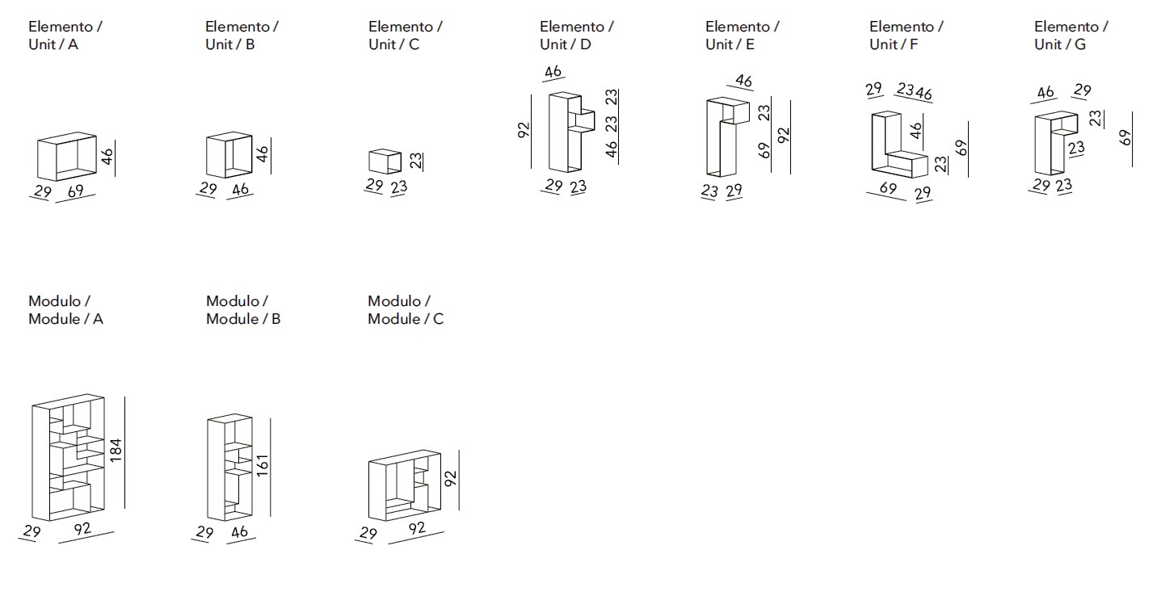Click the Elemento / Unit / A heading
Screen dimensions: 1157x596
[65, 35]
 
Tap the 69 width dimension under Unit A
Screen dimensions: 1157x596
[75, 191]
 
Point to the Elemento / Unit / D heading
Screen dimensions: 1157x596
[576, 35]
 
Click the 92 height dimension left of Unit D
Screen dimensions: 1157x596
[524, 130]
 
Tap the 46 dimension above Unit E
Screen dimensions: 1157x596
[744, 81]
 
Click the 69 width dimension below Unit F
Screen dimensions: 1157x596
[888, 188]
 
